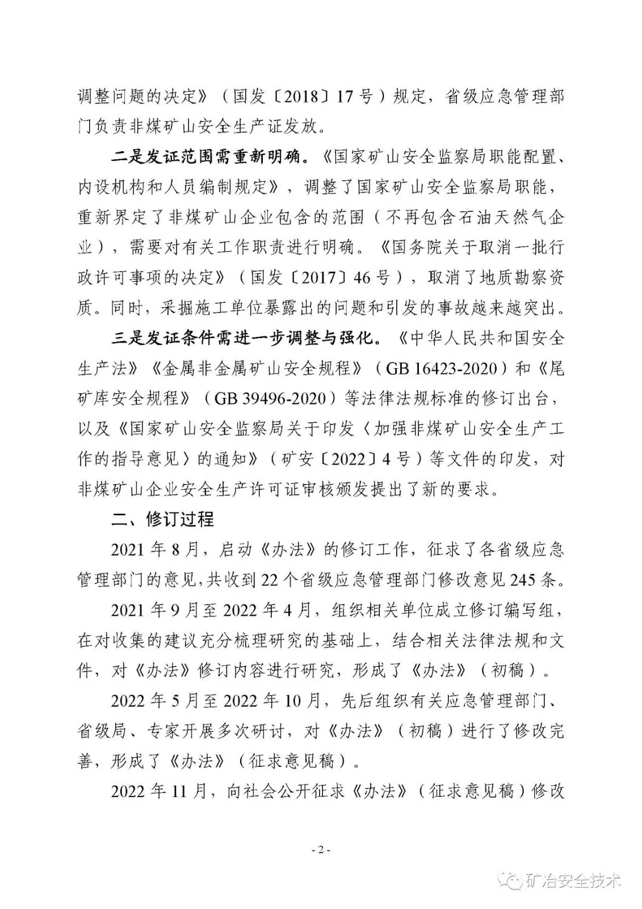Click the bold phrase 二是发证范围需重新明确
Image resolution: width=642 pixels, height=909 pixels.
tap(208, 157)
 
